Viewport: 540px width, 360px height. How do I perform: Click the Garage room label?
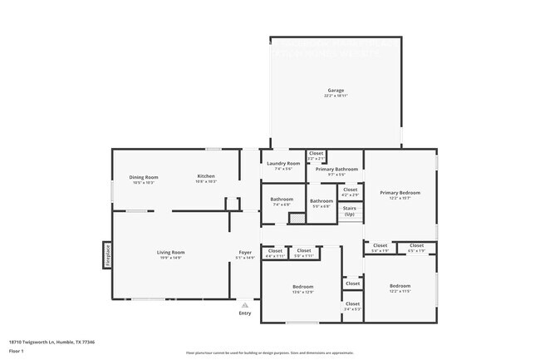pyautogui.click(x=335, y=91)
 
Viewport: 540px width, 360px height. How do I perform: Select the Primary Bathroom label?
pyautogui.click(x=336, y=170)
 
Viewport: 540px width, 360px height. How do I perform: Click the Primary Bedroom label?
pyautogui.click(x=400, y=193)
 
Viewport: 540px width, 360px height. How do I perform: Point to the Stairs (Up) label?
pyautogui.click(x=349, y=210)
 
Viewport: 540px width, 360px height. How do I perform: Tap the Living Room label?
pyautogui.click(x=170, y=253)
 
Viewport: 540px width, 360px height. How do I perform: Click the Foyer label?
pyautogui.click(x=245, y=253)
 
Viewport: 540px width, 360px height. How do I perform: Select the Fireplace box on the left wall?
pyautogui.click(x=107, y=254)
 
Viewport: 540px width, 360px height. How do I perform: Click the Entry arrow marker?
pyautogui.click(x=244, y=305)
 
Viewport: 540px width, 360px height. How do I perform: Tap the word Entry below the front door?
pyautogui.click(x=244, y=313)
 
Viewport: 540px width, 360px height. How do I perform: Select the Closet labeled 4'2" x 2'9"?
pyautogui.click(x=350, y=190)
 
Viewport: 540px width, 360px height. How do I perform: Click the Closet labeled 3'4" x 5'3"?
pyautogui.click(x=352, y=304)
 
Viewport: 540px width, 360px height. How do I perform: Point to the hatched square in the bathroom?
pyautogui.click(x=293, y=218)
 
